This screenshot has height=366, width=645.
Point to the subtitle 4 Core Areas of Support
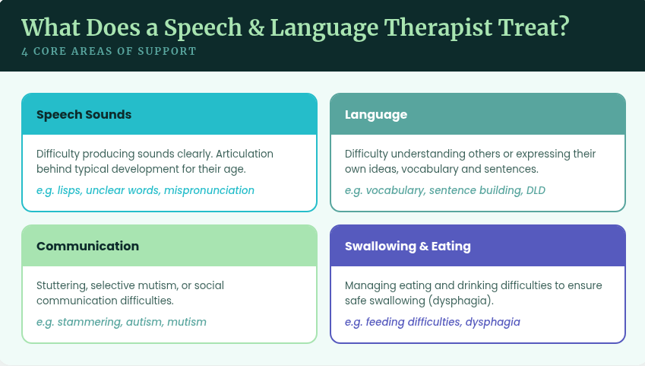click(109, 52)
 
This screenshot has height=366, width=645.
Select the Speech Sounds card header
click(169, 115)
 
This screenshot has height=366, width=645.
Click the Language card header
click(477, 115)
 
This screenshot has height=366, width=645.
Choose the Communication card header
click(169, 246)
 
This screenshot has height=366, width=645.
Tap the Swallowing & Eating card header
click(477, 246)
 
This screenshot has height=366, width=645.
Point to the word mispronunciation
click(209, 190)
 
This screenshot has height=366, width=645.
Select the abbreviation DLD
click(536, 190)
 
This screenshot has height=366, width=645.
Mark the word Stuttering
click(62, 285)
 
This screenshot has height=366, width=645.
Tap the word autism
click(144, 322)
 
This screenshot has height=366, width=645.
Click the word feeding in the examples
click(386, 322)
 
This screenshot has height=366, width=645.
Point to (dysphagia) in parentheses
click(460, 301)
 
